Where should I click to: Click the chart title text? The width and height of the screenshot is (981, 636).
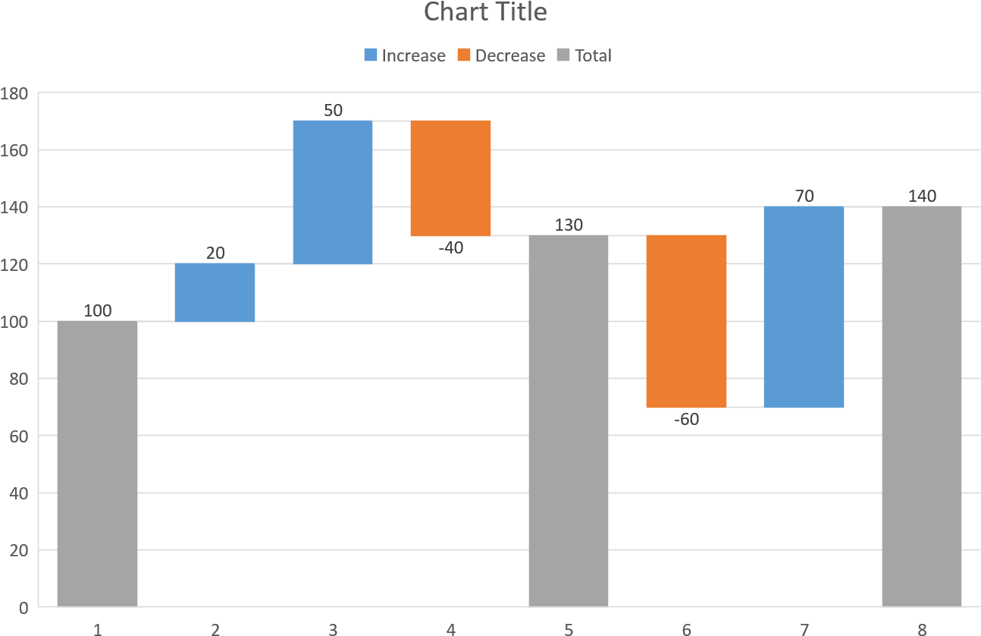point(485,13)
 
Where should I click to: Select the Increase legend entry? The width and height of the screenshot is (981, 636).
point(405,55)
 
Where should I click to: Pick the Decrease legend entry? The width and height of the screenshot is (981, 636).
point(501,55)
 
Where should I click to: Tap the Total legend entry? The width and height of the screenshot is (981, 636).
point(585,55)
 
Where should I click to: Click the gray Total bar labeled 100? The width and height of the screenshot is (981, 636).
point(97,464)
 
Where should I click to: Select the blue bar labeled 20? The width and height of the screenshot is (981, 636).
point(215,292)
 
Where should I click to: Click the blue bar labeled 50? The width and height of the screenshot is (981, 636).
point(333,192)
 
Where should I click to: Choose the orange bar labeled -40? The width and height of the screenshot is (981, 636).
point(450,178)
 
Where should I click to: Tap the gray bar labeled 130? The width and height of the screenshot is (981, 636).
point(569,420)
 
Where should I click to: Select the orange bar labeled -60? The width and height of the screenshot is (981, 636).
point(686,321)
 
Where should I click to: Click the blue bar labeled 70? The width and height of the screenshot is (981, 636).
point(804,307)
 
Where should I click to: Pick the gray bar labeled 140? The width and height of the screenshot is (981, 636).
point(922,406)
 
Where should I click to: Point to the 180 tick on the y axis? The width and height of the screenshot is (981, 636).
point(14,93)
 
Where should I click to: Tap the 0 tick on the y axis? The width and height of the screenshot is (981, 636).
point(23,608)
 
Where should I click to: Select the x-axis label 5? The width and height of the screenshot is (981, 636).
point(569,629)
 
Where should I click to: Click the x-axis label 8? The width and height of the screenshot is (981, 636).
point(922,629)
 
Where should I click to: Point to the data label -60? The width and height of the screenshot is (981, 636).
point(686,419)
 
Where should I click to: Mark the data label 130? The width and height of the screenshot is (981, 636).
point(569,225)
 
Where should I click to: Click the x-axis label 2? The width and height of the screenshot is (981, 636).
point(215,629)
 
